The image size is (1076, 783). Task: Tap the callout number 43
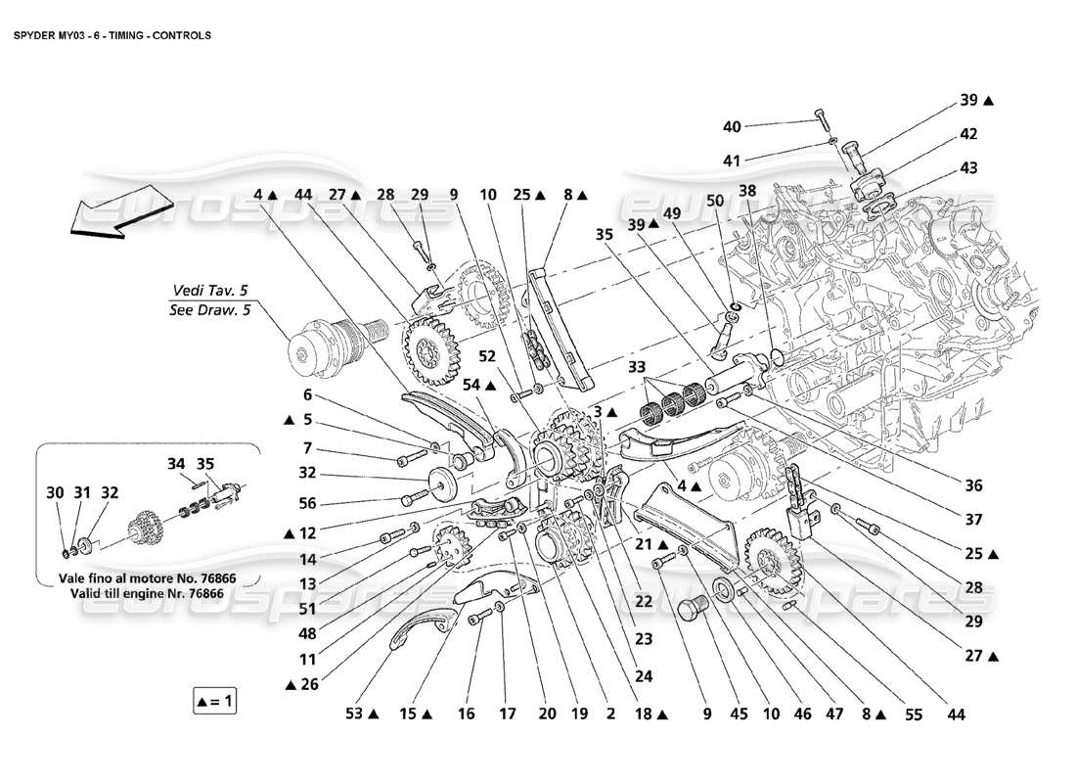coord(968,169)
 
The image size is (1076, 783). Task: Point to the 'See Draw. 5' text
coord(209,312)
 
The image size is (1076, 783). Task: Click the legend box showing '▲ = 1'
coord(215,701)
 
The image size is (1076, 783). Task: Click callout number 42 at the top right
coord(968,134)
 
